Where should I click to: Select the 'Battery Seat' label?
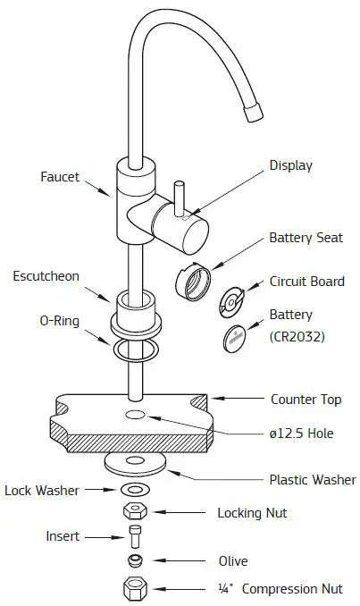303,239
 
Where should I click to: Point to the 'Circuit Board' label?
306,282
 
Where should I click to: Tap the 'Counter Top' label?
306,399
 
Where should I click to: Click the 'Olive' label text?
233,561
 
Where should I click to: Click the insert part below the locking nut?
135,537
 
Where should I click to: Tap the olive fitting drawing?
135,561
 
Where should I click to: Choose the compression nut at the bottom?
135,588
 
